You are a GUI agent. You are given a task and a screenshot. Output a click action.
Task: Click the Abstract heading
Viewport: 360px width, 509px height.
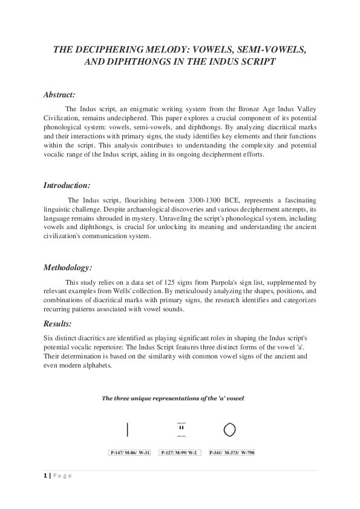click(x=59, y=95)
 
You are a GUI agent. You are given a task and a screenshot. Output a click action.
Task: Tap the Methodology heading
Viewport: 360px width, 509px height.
click(x=67, y=267)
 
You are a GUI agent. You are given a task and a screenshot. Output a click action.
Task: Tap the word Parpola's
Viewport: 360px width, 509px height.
click(x=222, y=282)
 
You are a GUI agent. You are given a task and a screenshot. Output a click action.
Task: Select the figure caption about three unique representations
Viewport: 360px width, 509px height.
click(x=172, y=398)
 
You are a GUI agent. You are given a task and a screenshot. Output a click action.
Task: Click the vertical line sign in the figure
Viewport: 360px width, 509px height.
click(x=127, y=430)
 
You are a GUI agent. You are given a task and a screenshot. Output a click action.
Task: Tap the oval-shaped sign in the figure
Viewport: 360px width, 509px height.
click(x=229, y=430)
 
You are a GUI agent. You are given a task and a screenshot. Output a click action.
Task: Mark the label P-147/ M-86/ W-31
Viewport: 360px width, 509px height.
click(x=129, y=452)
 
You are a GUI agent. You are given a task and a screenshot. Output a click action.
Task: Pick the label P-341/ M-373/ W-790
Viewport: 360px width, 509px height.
click(x=230, y=452)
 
